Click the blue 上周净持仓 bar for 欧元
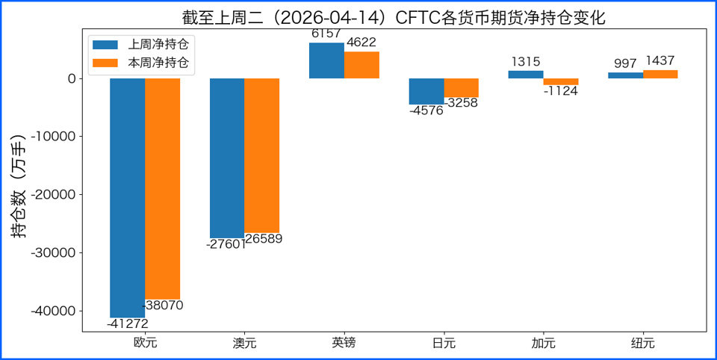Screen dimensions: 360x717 point(127,198)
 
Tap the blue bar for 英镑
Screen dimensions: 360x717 point(326,60)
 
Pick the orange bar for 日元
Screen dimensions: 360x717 point(461,88)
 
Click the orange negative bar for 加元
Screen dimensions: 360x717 point(560,81)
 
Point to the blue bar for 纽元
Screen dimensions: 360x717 point(625,75)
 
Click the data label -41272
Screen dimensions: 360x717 point(127,324)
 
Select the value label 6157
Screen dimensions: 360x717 point(326,34)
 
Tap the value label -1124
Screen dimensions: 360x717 point(560,92)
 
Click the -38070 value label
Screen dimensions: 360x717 point(162,305)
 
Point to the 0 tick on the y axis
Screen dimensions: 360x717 point(72,78)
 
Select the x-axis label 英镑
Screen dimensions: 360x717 point(344,344)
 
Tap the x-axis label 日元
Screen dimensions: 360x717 point(444,344)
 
